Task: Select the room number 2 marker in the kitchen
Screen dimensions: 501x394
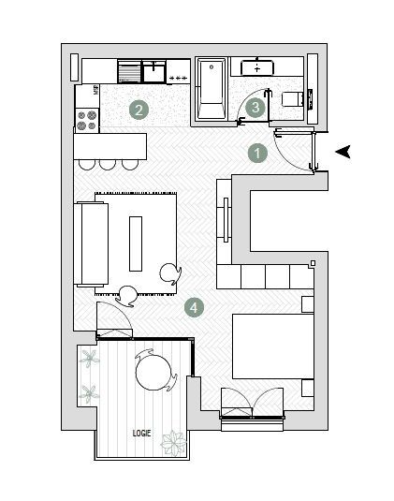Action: point(139,110)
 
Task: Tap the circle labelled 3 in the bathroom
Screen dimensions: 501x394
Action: point(255,108)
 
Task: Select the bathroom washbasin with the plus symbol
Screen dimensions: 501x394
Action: point(256,68)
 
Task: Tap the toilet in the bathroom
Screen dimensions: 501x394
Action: point(293,98)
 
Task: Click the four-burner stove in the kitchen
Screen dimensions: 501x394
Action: point(87,119)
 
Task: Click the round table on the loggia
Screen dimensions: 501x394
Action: point(154,373)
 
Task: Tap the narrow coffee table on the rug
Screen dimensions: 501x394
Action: point(137,242)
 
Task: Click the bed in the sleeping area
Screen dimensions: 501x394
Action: point(271,357)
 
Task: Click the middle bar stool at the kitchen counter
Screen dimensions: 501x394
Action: point(107,165)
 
